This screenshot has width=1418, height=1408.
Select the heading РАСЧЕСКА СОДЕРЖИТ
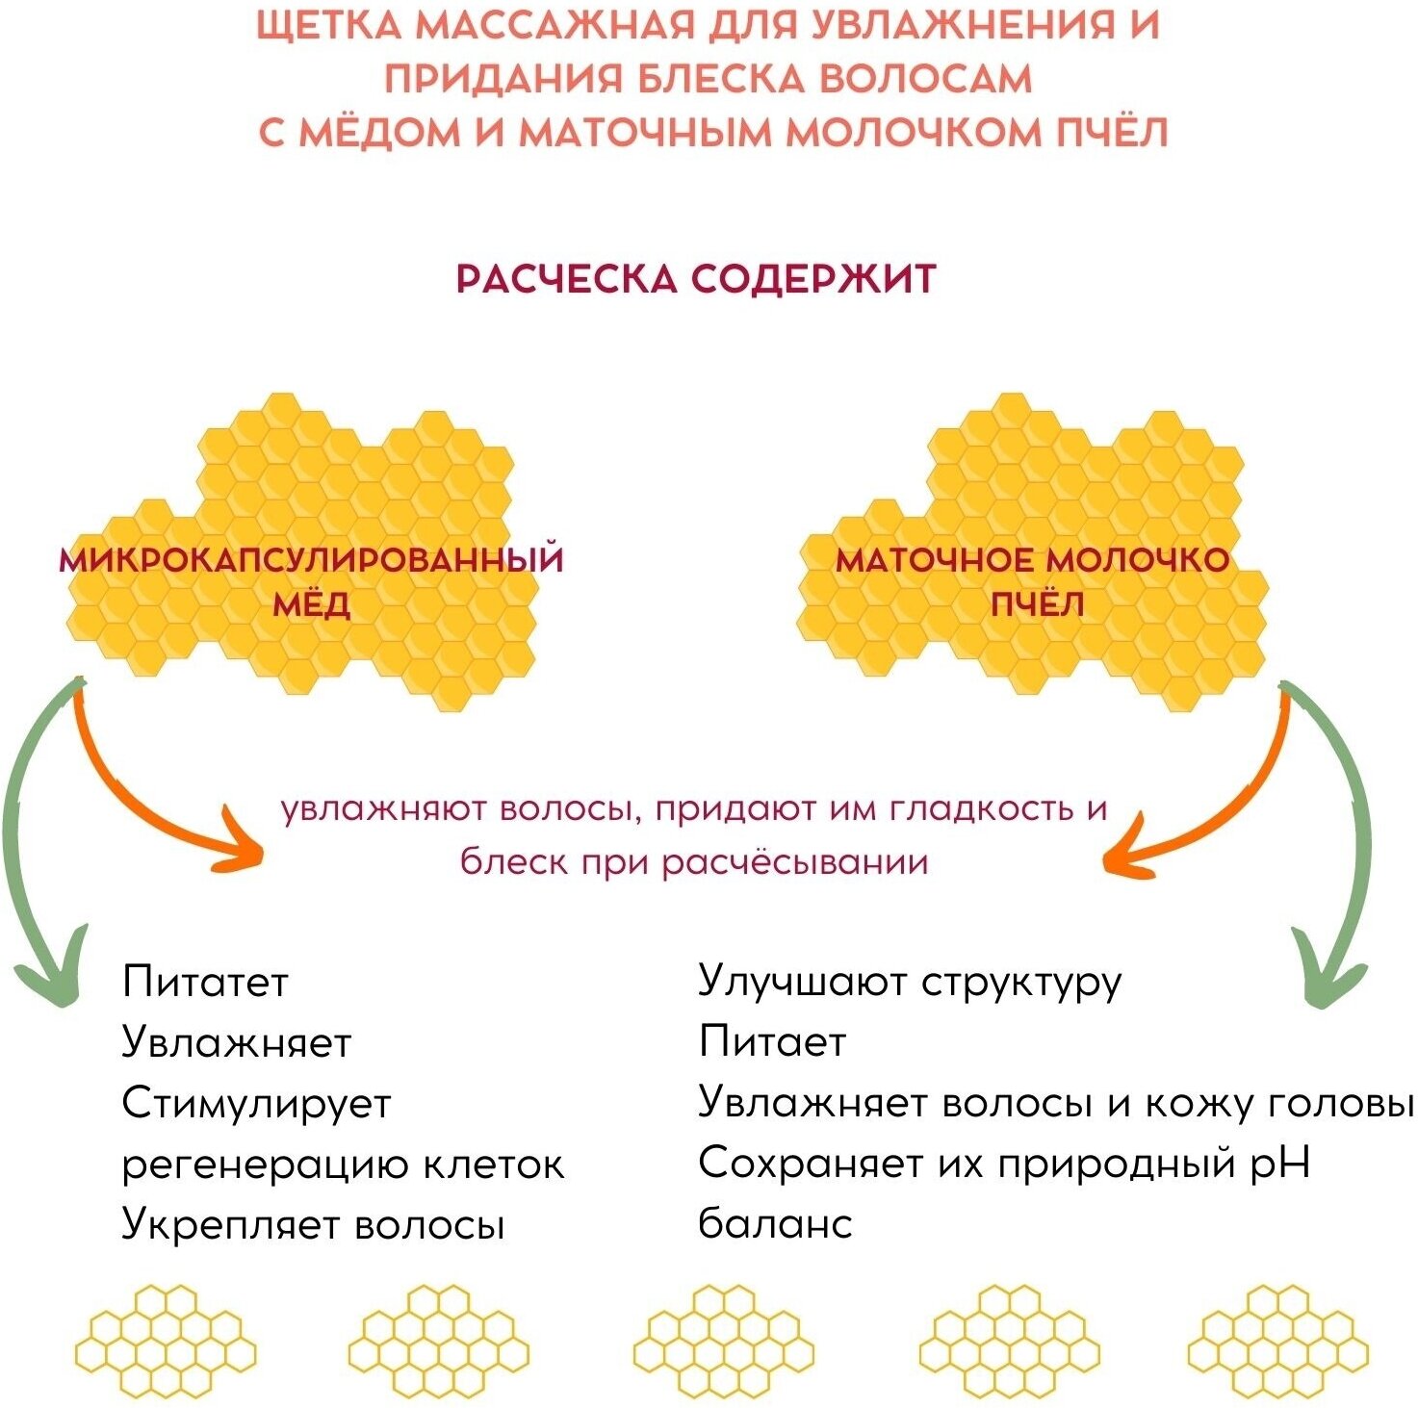(x=695, y=279)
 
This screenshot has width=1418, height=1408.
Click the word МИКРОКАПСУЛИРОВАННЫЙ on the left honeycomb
(x=311, y=560)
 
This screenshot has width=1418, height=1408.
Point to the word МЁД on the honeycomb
(x=311, y=605)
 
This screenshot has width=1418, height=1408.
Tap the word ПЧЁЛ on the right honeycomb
(x=1037, y=605)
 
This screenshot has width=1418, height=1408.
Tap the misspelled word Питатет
(x=205, y=982)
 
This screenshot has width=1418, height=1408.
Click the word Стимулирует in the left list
(x=256, y=1103)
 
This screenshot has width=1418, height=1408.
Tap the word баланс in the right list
(x=775, y=1224)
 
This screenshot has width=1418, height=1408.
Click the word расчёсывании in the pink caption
(x=795, y=861)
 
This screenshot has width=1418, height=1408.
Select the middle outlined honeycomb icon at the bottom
(x=723, y=1341)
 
